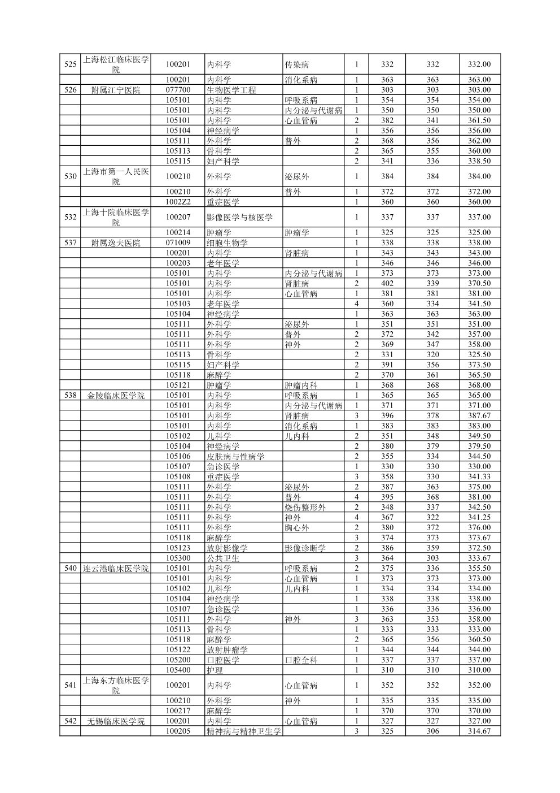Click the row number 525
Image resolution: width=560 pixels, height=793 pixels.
(x=71, y=64)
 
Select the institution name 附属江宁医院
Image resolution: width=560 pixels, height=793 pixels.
(x=116, y=90)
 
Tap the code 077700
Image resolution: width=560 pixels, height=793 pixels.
(x=178, y=90)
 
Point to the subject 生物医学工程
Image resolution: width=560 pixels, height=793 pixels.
(x=231, y=90)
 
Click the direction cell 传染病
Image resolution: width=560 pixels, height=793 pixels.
(x=297, y=64)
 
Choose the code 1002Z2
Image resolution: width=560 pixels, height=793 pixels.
(x=178, y=202)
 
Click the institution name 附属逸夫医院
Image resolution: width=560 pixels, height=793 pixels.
(x=116, y=243)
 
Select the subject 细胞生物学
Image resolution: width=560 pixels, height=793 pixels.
(x=227, y=243)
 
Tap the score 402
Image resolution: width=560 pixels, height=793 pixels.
(x=387, y=284)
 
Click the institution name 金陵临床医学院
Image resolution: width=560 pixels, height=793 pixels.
(x=116, y=396)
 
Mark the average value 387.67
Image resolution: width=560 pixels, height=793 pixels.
(x=479, y=416)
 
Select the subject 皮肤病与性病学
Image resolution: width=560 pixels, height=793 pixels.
(x=235, y=457)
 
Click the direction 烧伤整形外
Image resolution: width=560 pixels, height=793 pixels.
(x=305, y=508)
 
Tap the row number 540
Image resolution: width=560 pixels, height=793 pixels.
(x=71, y=569)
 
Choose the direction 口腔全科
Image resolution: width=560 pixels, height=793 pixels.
(x=301, y=660)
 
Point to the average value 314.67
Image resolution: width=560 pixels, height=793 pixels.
(x=479, y=731)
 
